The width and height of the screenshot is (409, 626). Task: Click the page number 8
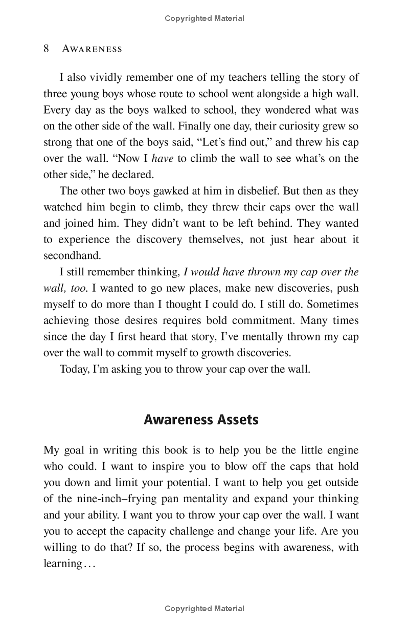tap(47, 49)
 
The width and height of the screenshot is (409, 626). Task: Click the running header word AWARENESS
tap(92, 49)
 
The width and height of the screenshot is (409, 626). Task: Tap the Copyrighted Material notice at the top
tap(204, 18)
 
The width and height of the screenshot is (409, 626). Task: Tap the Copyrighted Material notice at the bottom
tap(204, 609)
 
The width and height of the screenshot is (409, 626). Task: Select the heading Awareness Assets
tap(201, 420)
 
